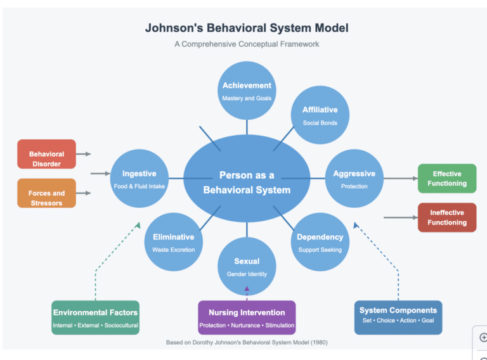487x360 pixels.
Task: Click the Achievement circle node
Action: tap(247, 91)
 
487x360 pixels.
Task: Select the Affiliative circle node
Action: tap(320, 115)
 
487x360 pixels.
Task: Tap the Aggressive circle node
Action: tap(354, 179)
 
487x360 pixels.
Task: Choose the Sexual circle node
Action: tap(247, 267)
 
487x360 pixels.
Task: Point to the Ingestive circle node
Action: tap(139, 179)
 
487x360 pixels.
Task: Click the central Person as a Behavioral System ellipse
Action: tap(247, 182)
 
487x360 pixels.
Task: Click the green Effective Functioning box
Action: tap(447, 179)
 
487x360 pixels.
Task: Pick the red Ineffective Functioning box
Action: tap(447, 217)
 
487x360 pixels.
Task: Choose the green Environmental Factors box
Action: tap(95, 318)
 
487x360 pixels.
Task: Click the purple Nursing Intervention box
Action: tap(247, 318)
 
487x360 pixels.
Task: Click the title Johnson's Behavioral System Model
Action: tap(247, 28)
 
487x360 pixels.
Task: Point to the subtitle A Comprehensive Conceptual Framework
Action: tap(247, 44)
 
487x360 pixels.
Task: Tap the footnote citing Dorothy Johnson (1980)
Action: tap(247, 342)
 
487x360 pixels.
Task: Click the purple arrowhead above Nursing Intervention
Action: tap(247, 288)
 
